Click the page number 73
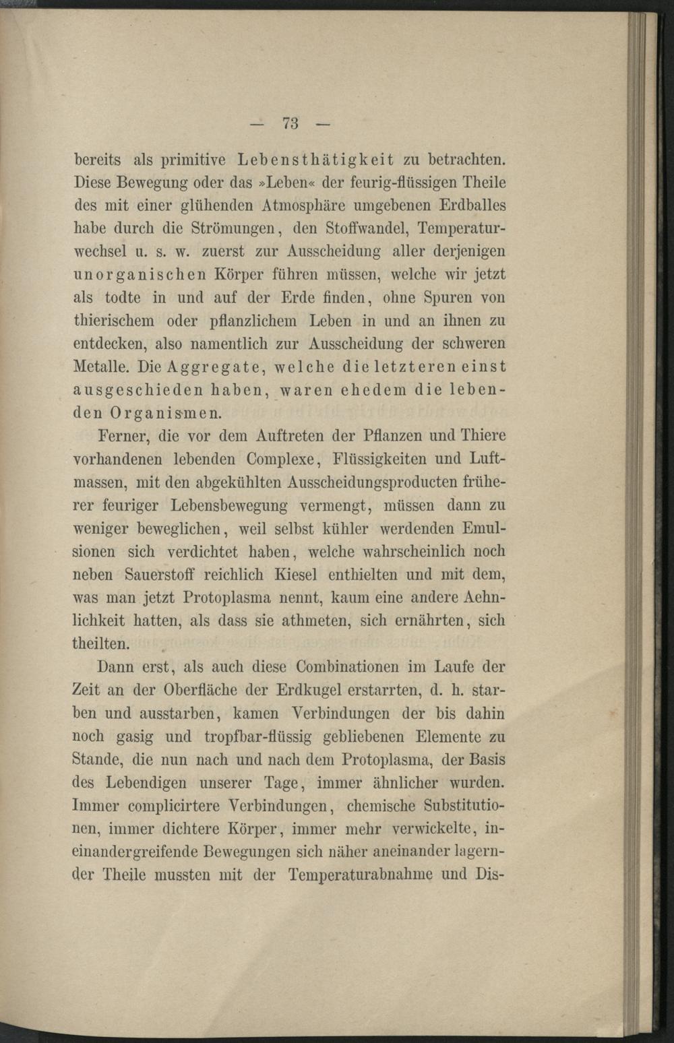coord(291,123)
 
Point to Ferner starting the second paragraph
coord(122,435)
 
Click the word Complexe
coord(280,460)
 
